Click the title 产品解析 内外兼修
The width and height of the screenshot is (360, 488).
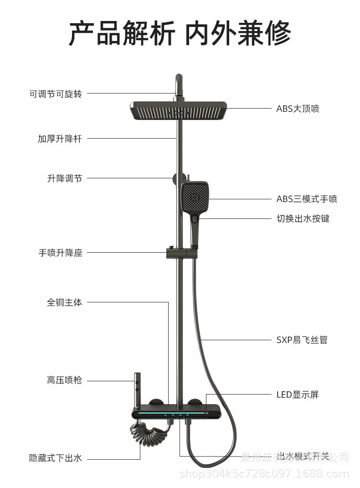pyautogui.click(x=180, y=33)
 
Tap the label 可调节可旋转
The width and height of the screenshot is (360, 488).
pyautogui.click(x=56, y=94)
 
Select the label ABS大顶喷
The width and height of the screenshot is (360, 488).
pyautogui.click(x=298, y=109)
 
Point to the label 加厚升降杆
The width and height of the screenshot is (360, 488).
pyautogui.click(x=60, y=139)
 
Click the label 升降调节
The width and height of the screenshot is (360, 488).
pyautogui.click(x=65, y=178)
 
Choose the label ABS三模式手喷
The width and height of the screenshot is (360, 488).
pyautogui.click(x=307, y=199)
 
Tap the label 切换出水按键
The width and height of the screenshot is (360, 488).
pyautogui.click(x=303, y=218)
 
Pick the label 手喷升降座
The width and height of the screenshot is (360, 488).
pyautogui.click(x=60, y=253)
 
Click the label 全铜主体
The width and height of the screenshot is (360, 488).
pyautogui.click(x=65, y=302)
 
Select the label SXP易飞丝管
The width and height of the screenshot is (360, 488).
pyautogui.click(x=302, y=340)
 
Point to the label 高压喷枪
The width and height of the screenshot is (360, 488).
pyautogui.click(x=65, y=380)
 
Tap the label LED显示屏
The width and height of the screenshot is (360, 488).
pyautogui.click(x=298, y=395)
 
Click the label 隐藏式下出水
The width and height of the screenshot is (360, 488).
pyautogui.click(x=56, y=458)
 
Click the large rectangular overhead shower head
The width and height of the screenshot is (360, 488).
pyautogui.click(x=179, y=110)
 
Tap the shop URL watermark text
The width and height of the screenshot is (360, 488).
pyautogui.click(x=264, y=474)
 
